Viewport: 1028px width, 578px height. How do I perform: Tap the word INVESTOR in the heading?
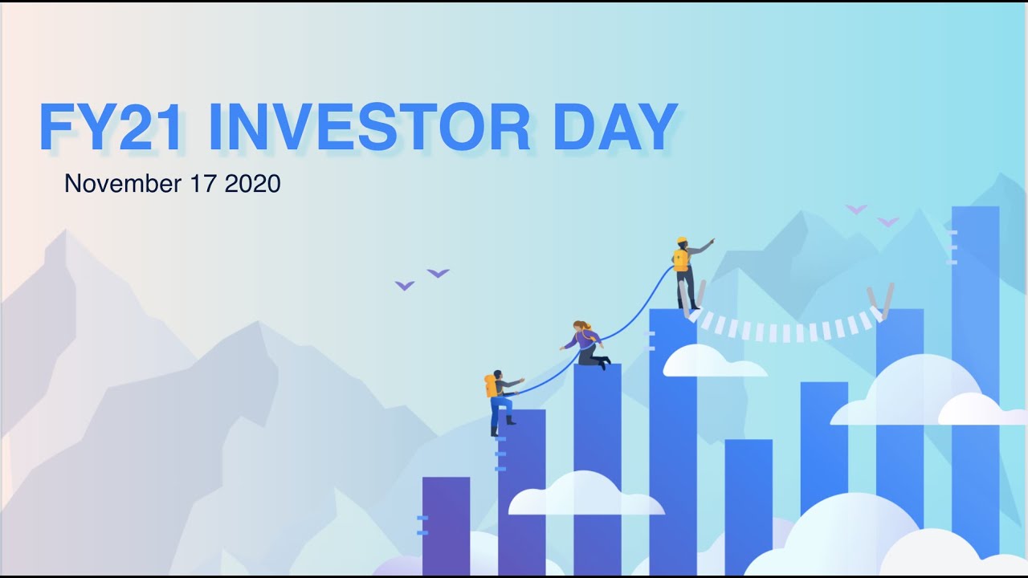point(369,128)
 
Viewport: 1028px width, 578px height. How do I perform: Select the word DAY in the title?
point(615,128)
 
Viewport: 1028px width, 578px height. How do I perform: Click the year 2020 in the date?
point(253,184)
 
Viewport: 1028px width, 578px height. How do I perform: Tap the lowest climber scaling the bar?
point(500,401)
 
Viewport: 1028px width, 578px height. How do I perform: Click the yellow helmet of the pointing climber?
point(682,240)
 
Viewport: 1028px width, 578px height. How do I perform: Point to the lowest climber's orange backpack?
point(490,385)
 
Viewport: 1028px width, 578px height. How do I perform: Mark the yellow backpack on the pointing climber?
point(680,259)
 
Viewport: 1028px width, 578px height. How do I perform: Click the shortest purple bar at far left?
point(446,526)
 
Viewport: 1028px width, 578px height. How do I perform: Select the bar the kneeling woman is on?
point(598,466)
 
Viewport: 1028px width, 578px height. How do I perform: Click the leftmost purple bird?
point(405,285)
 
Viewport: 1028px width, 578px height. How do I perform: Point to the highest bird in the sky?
point(856,209)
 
